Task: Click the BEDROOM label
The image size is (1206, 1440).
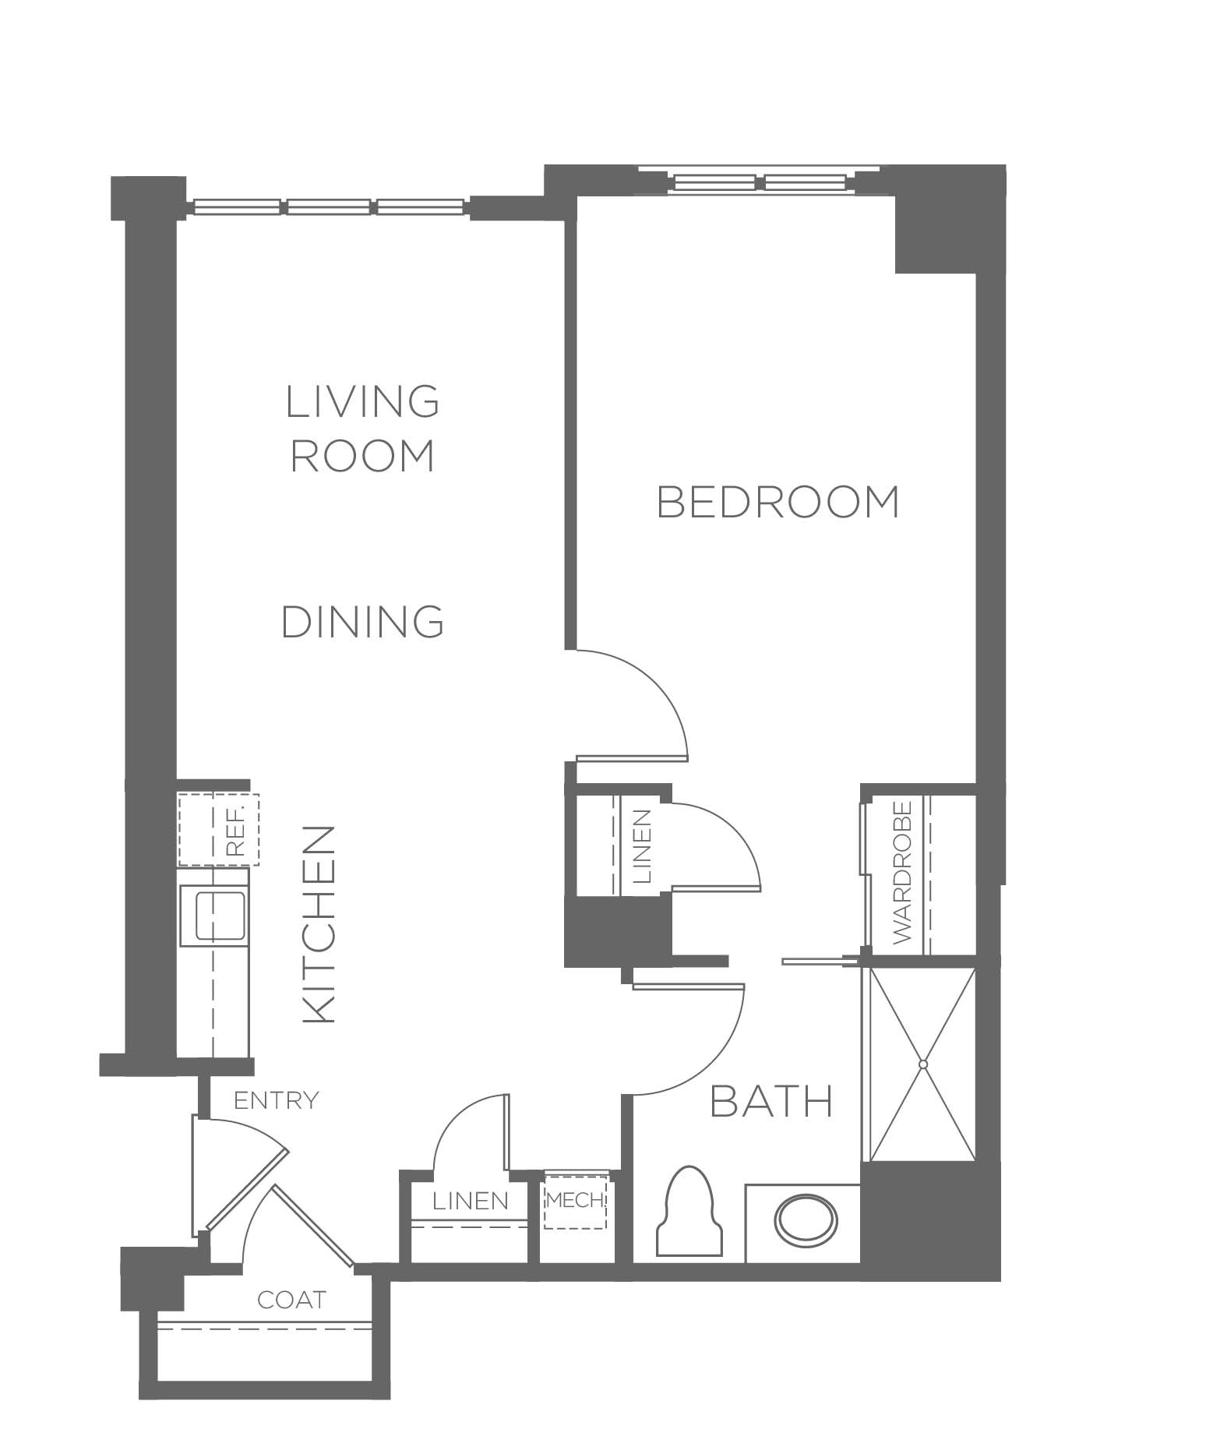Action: point(778,502)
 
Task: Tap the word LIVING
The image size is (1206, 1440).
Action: point(363,401)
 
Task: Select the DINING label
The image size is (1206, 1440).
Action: point(363,622)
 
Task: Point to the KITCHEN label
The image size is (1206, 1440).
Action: point(318,924)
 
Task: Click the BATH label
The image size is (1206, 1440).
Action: point(772,1102)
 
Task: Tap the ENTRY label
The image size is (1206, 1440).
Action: point(277,1100)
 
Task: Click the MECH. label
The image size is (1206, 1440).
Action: point(576,1200)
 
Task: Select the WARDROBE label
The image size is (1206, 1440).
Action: point(901,872)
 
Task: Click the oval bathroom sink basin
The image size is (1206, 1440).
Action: point(806,1222)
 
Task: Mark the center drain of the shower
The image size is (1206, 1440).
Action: point(923,1064)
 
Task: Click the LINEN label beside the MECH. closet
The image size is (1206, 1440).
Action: point(471,1201)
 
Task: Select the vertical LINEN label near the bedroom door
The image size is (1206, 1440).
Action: point(643,846)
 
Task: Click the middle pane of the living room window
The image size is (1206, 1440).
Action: point(329,207)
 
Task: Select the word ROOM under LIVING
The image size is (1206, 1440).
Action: point(363,456)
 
